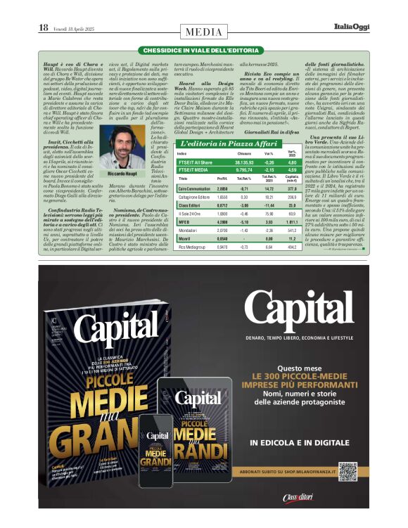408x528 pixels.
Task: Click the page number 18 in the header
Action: pyautogui.click(x=43, y=27)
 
